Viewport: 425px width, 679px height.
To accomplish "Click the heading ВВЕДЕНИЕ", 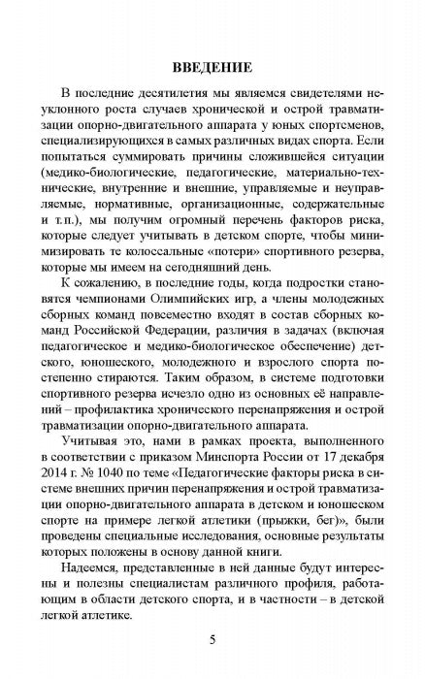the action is [x=212, y=68].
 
